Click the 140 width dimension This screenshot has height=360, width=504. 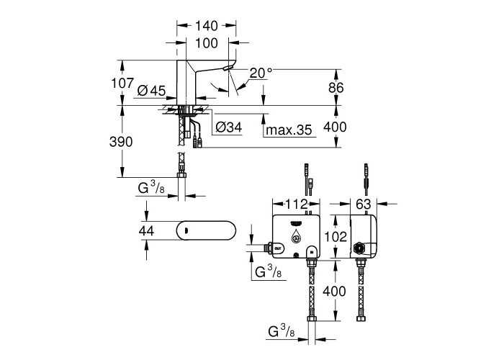207,25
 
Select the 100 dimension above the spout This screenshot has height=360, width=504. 207,45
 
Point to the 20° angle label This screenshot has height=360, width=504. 261,73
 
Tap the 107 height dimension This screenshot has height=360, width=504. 122,84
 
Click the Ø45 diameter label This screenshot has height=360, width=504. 150,90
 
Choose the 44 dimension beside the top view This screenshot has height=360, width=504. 147,230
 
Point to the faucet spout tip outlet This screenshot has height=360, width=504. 228,67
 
